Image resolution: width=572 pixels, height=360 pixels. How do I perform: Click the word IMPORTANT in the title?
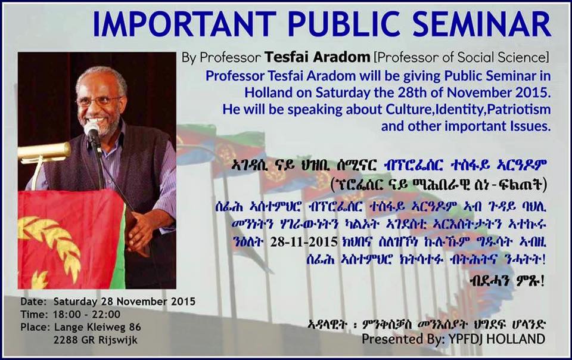pos(184,24)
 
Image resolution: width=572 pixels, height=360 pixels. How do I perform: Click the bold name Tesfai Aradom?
pos(318,57)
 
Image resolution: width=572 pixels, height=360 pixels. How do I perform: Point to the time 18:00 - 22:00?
pos(86,315)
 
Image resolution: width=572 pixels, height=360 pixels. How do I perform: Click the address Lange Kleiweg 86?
pos(97,327)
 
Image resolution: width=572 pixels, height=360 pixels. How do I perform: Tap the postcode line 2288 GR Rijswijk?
pos(95,340)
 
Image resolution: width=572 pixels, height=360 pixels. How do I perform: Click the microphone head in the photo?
pos(91,130)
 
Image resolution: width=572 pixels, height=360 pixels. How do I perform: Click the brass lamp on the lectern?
pos(43,151)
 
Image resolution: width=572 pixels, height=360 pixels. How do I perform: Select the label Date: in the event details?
pos(33,302)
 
